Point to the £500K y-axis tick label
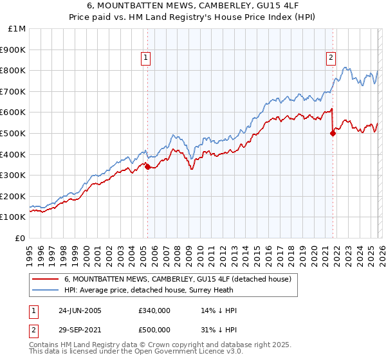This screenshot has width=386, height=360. [x=14, y=133]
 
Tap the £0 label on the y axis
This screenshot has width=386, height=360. [x=21, y=238]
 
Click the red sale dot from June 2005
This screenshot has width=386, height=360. [x=147, y=166]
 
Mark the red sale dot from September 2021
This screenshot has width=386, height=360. [x=333, y=133]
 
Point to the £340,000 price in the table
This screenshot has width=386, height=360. [x=154, y=310]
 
